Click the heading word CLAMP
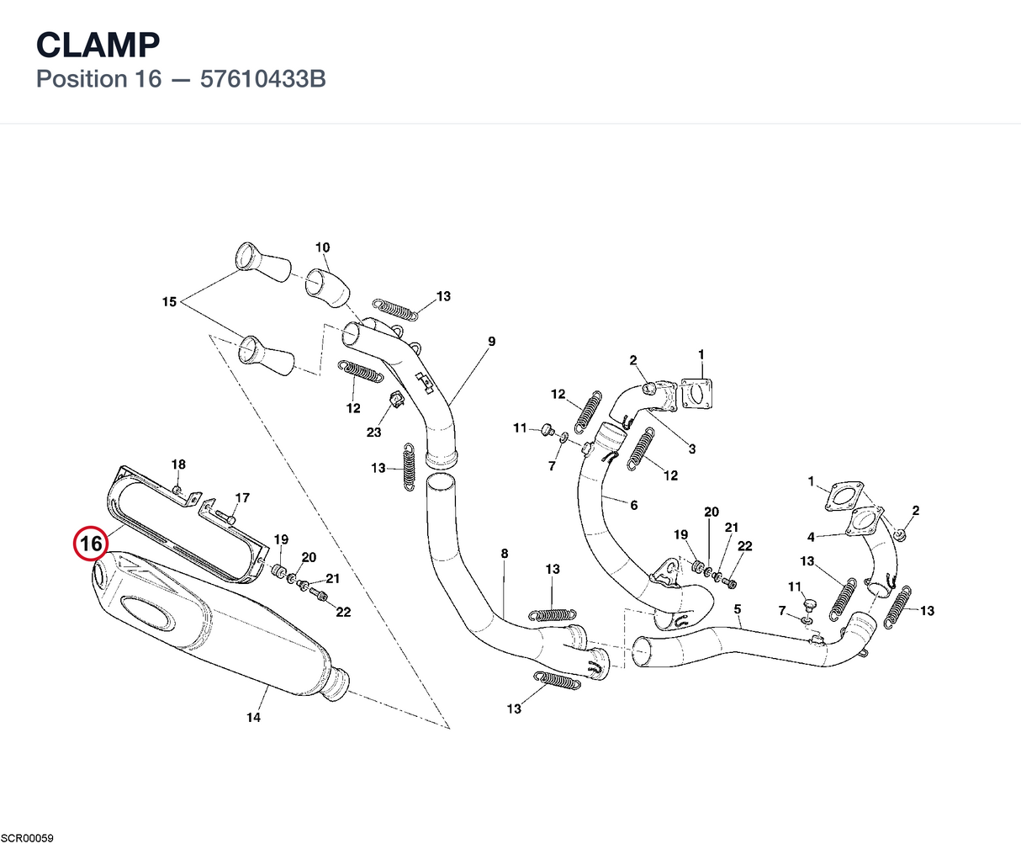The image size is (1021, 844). (x=98, y=45)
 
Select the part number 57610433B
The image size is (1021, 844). (x=262, y=79)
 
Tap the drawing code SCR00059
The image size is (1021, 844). (x=27, y=838)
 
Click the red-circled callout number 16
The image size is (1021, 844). (x=91, y=544)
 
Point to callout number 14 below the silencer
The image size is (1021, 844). (x=253, y=717)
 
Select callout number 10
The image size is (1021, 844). (x=322, y=247)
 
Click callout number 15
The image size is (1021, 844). (x=169, y=302)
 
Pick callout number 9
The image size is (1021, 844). (x=491, y=342)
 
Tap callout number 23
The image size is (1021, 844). (x=373, y=432)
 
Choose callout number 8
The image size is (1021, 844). (x=504, y=554)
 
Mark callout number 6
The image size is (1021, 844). (x=634, y=505)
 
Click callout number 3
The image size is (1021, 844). (x=692, y=449)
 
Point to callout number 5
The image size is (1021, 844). (x=738, y=609)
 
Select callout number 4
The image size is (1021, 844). (x=811, y=537)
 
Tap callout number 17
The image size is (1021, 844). (x=242, y=498)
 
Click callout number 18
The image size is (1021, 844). (x=178, y=464)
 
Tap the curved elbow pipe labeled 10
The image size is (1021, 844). (x=328, y=288)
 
